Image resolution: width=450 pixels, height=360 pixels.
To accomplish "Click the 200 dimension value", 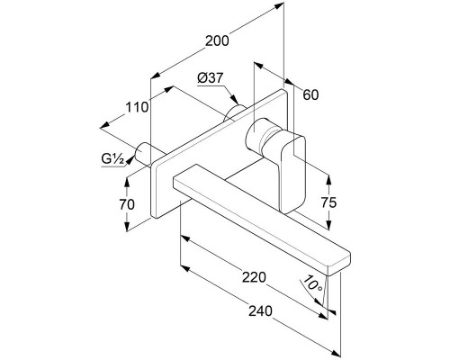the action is (x=217, y=40).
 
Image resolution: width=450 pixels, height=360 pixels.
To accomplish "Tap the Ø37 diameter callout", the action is (x=211, y=78).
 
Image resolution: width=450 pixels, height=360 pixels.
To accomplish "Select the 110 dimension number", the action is (x=137, y=107).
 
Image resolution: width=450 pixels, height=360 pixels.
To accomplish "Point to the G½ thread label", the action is (x=112, y=158).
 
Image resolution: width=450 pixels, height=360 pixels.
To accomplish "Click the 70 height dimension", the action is (x=127, y=204).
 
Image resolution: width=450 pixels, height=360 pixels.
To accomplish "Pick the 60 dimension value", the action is (x=310, y=94).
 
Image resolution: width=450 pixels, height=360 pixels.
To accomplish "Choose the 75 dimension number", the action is (x=329, y=202).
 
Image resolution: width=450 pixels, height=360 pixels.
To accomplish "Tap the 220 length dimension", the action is (x=254, y=277).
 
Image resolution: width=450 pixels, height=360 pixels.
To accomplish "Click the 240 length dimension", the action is (x=260, y=311).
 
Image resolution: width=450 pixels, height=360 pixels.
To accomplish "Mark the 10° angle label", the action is (x=313, y=283).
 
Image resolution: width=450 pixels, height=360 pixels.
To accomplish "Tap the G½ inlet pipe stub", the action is (x=144, y=154).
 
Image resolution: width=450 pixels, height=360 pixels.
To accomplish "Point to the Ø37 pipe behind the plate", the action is (x=235, y=113).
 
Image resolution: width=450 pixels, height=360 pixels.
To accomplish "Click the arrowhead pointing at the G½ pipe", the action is (x=130, y=160).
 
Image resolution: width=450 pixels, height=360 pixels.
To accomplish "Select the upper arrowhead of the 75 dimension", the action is (x=329, y=180).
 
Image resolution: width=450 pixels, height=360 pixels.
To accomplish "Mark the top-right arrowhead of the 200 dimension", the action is (x=279, y=5).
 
